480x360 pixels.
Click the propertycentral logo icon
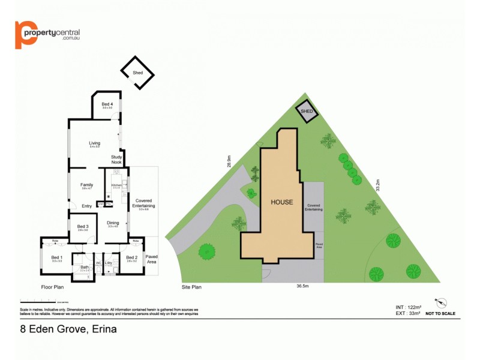pyautogui.click(x=26, y=35)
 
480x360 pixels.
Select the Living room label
pyautogui.click(x=94, y=143)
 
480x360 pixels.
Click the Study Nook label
pyautogui.click(x=116, y=160)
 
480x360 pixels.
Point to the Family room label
pyautogui.click(x=86, y=185)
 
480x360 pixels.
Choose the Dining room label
pyautogui.click(x=113, y=223)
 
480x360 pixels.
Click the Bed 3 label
pyautogui.click(x=83, y=226)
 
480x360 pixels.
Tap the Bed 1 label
pyautogui.click(x=57, y=257)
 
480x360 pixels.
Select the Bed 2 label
pyautogui.click(x=132, y=257)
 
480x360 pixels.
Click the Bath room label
pyautogui.click(x=85, y=268)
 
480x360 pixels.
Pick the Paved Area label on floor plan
pyautogui.click(x=152, y=259)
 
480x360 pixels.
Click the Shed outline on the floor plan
pyautogui.click(x=137, y=73)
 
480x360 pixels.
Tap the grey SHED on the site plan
pyautogui.click(x=307, y=112)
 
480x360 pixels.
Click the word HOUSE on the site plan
pyautogui.click(x=281, y=202)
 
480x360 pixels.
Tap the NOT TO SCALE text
pyautogui.click(x=440, y=314)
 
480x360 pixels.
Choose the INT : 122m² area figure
pyautogui.click(x=408, y=307)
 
